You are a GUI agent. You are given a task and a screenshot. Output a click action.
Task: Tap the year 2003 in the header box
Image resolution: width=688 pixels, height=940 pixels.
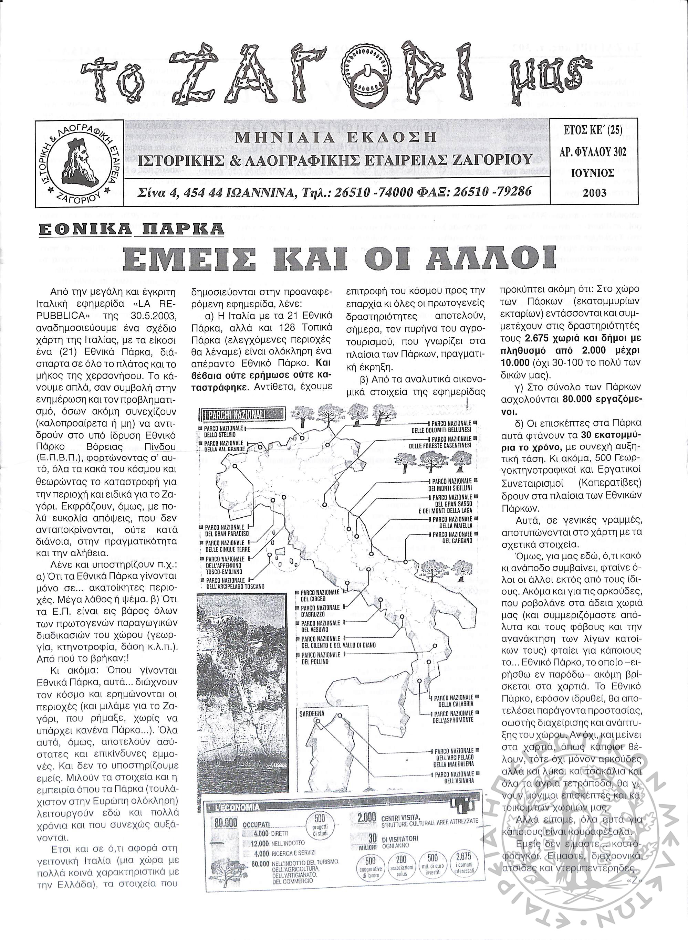point(594,193)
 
